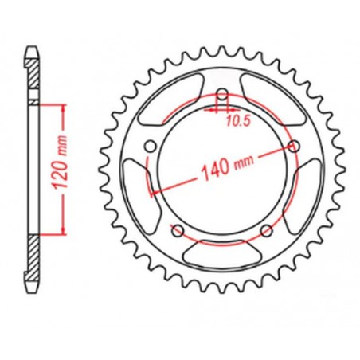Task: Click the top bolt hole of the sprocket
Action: [222, 100]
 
